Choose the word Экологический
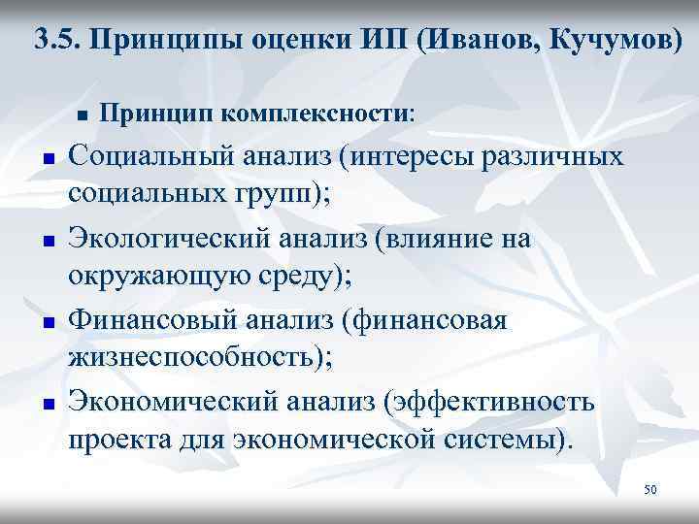pyautogui.click(x=167, y=239)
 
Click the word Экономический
pyautogui.click(x=168, y=402)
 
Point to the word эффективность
pyautogui.click(x=493, y=402)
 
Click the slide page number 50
pyautogui.click(x=649, y=490)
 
